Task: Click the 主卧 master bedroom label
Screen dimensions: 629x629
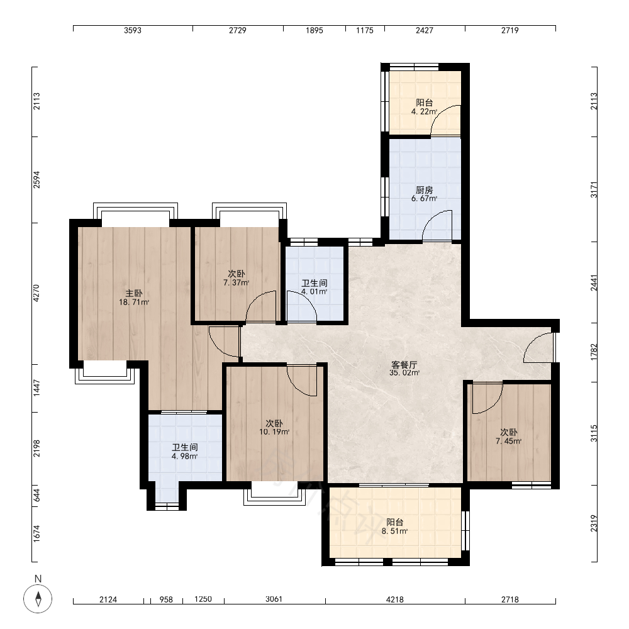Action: [133, 293]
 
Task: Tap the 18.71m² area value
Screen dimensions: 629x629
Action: [134, 302]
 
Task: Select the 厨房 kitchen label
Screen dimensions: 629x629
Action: [425, 190]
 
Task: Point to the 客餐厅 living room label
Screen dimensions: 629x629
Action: [404, 365]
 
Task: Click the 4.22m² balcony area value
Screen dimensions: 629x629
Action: [425, 111]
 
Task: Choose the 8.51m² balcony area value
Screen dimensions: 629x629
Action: [395, 531]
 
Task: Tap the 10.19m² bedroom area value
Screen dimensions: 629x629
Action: [274, 432]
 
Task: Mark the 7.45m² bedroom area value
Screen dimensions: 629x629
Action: [509, 442]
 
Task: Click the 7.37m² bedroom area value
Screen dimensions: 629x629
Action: [237, 282]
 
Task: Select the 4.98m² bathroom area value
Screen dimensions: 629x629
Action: [184, 456]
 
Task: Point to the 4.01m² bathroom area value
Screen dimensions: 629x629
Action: [314, 292]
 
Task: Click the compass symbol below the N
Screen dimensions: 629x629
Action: [38, 599]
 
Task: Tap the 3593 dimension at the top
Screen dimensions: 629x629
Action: [133, 30]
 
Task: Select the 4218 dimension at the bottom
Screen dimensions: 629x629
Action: [395, 599]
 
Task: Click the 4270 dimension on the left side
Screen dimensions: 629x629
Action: [36, 293]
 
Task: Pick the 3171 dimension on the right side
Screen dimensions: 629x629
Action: [594, 190]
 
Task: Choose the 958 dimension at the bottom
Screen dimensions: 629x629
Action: [166, 599]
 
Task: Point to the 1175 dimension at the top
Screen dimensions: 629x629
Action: [365, 30]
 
